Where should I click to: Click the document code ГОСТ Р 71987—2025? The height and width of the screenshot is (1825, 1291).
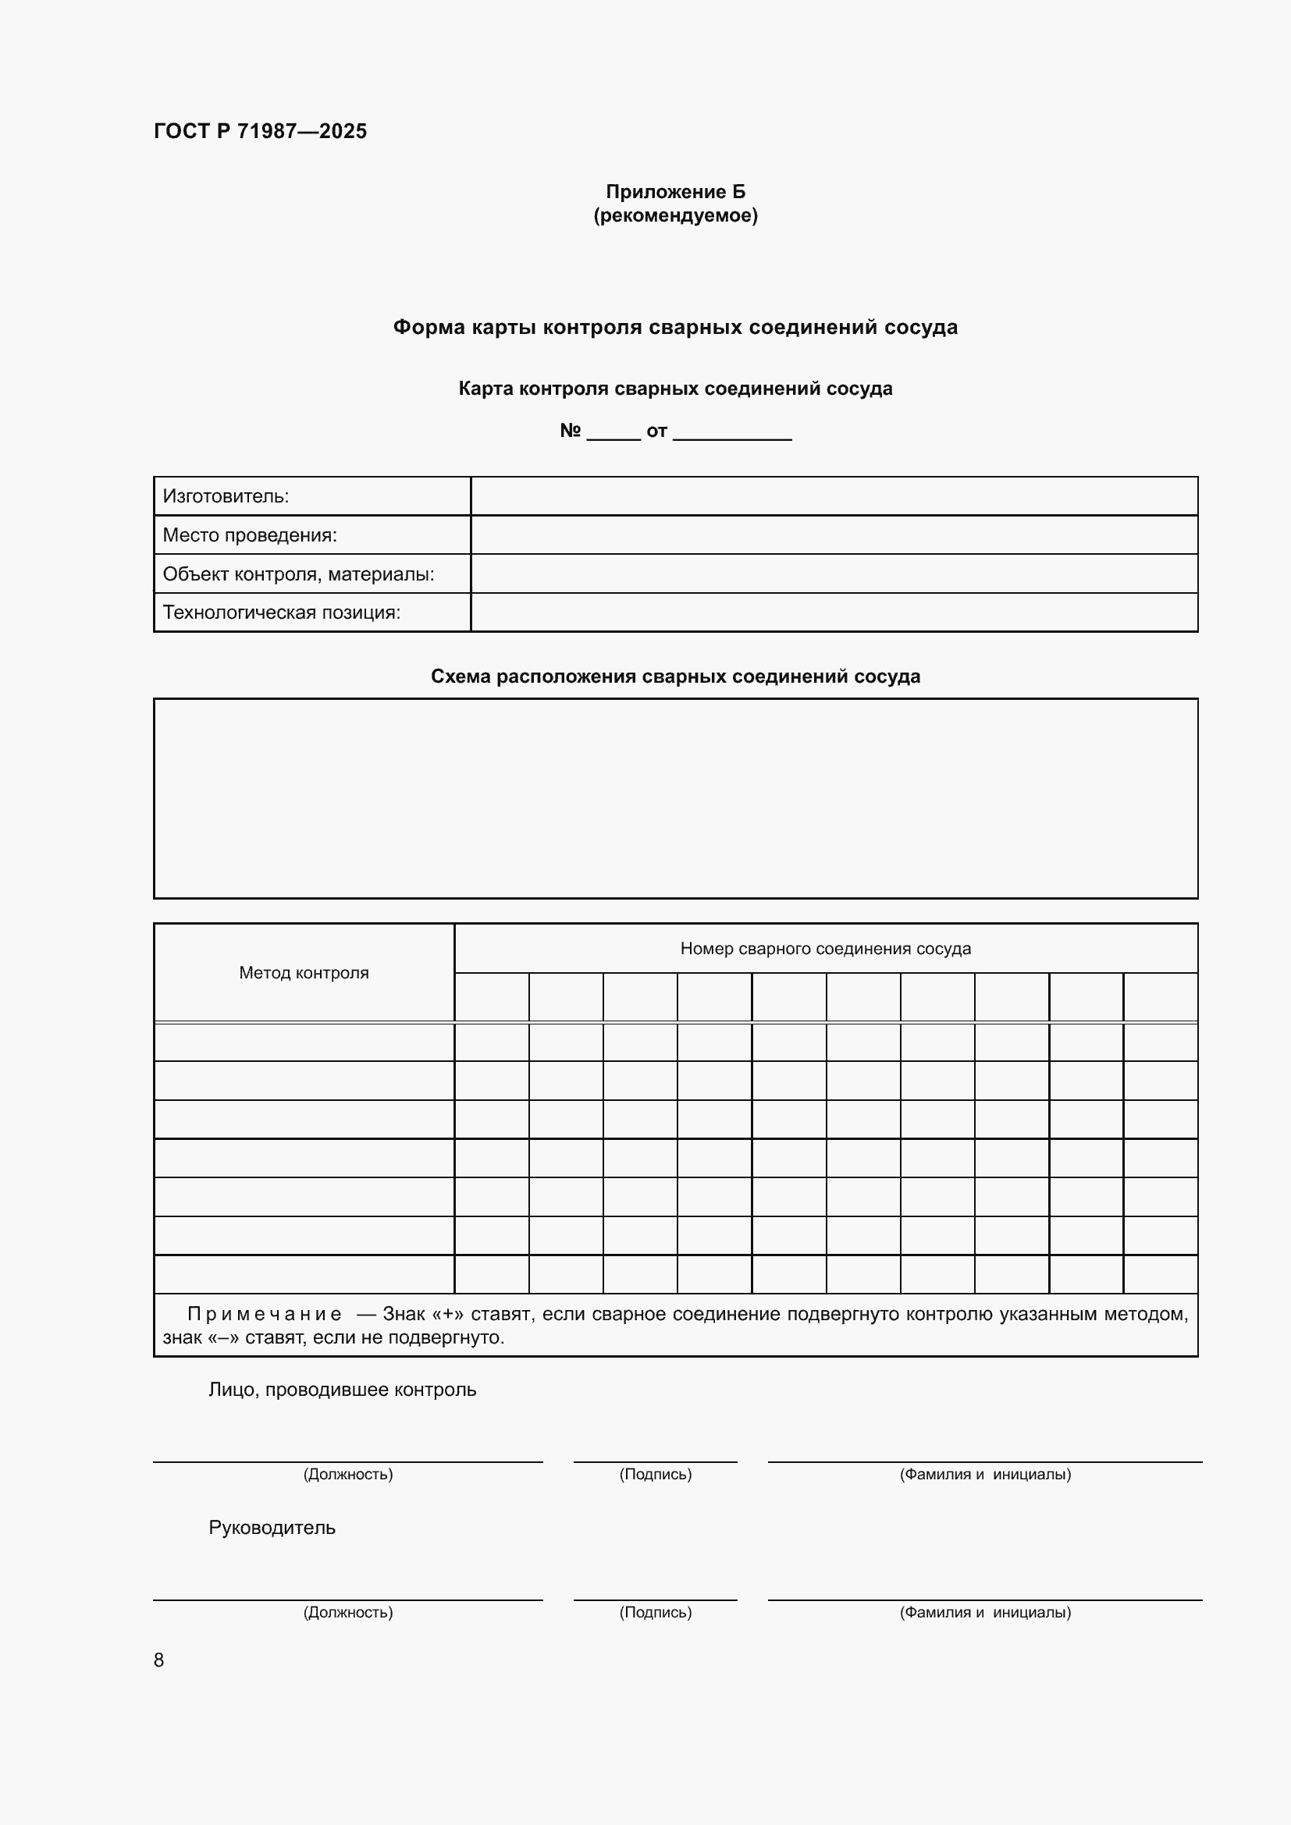click(260, 131)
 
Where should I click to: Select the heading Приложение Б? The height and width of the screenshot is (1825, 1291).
click(675, 192)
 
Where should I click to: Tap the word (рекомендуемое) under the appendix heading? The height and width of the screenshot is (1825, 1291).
click(675, 215)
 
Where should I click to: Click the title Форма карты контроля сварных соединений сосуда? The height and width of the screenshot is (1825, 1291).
click(675, 328)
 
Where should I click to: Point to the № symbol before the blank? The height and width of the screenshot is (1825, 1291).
click(570, 431)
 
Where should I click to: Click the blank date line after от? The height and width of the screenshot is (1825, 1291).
click(731, 432)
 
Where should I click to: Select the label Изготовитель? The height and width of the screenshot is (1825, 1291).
click(226, 497)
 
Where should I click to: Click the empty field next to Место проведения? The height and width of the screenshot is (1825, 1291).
click(833, 535)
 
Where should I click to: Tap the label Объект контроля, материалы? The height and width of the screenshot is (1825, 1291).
click(298, 574)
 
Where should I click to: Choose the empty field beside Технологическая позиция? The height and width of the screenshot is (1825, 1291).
click(833, 612)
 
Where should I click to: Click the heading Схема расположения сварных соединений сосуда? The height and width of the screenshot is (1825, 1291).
click(675, 676)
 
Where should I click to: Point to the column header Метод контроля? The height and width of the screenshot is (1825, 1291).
click(304, 973)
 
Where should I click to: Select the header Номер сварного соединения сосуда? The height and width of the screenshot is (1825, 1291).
click(825, 949)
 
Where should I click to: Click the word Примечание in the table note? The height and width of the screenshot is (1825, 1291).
click(264, 1315)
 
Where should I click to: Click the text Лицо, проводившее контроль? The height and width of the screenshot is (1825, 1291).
click(342, 1390)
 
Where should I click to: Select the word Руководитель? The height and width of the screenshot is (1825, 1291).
click(272, 1528)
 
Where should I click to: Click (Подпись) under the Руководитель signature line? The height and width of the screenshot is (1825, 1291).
click(655, 1612)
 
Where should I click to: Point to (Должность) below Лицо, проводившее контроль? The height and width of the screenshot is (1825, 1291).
click(347, 1475)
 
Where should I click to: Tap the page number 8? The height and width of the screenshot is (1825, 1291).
click(159, 1660)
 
